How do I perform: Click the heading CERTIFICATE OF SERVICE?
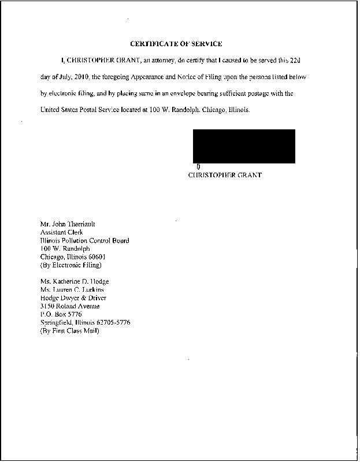pos(176,44)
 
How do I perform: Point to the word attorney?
pos(165,60)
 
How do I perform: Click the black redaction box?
pos(244,146)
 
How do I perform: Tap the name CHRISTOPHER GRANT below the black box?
pos(225,175)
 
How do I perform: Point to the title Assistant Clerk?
pos(62,232)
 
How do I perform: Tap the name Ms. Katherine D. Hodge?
pos(75,282)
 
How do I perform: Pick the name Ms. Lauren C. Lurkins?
pos(72,290)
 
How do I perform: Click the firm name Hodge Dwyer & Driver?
pos(73,298)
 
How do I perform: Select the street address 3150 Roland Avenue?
pos(70,306)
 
